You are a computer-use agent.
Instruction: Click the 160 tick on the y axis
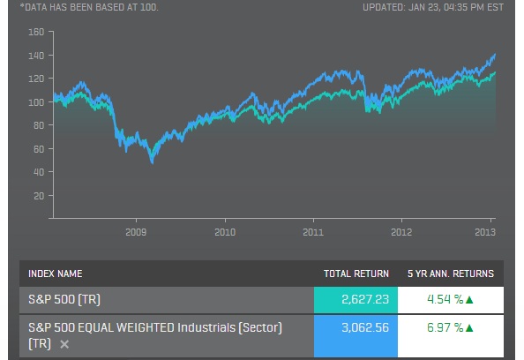(36, 32)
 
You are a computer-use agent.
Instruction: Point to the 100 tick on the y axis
(36, 101)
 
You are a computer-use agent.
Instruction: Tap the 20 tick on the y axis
(38, 195)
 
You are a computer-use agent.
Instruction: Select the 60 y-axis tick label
(38, 148)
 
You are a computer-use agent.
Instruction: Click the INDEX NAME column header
(55, 274)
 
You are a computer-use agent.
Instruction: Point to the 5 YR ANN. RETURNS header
(451, 274)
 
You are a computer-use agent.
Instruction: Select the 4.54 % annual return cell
(445, 299)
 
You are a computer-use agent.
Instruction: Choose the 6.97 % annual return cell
(445, 328)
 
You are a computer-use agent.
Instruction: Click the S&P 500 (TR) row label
(64, 299)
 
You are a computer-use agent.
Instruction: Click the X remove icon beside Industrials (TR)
(64, 343)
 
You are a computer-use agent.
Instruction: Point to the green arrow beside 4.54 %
(469, 299)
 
